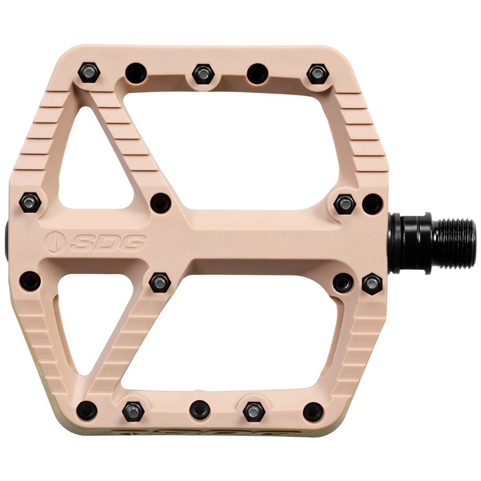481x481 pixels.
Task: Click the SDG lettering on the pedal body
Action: coord(107,242)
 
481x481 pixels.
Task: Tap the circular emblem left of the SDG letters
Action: coord(56,241)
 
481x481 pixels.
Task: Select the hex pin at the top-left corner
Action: coord(89,73)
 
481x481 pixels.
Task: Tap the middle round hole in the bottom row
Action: coord(200,410)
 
